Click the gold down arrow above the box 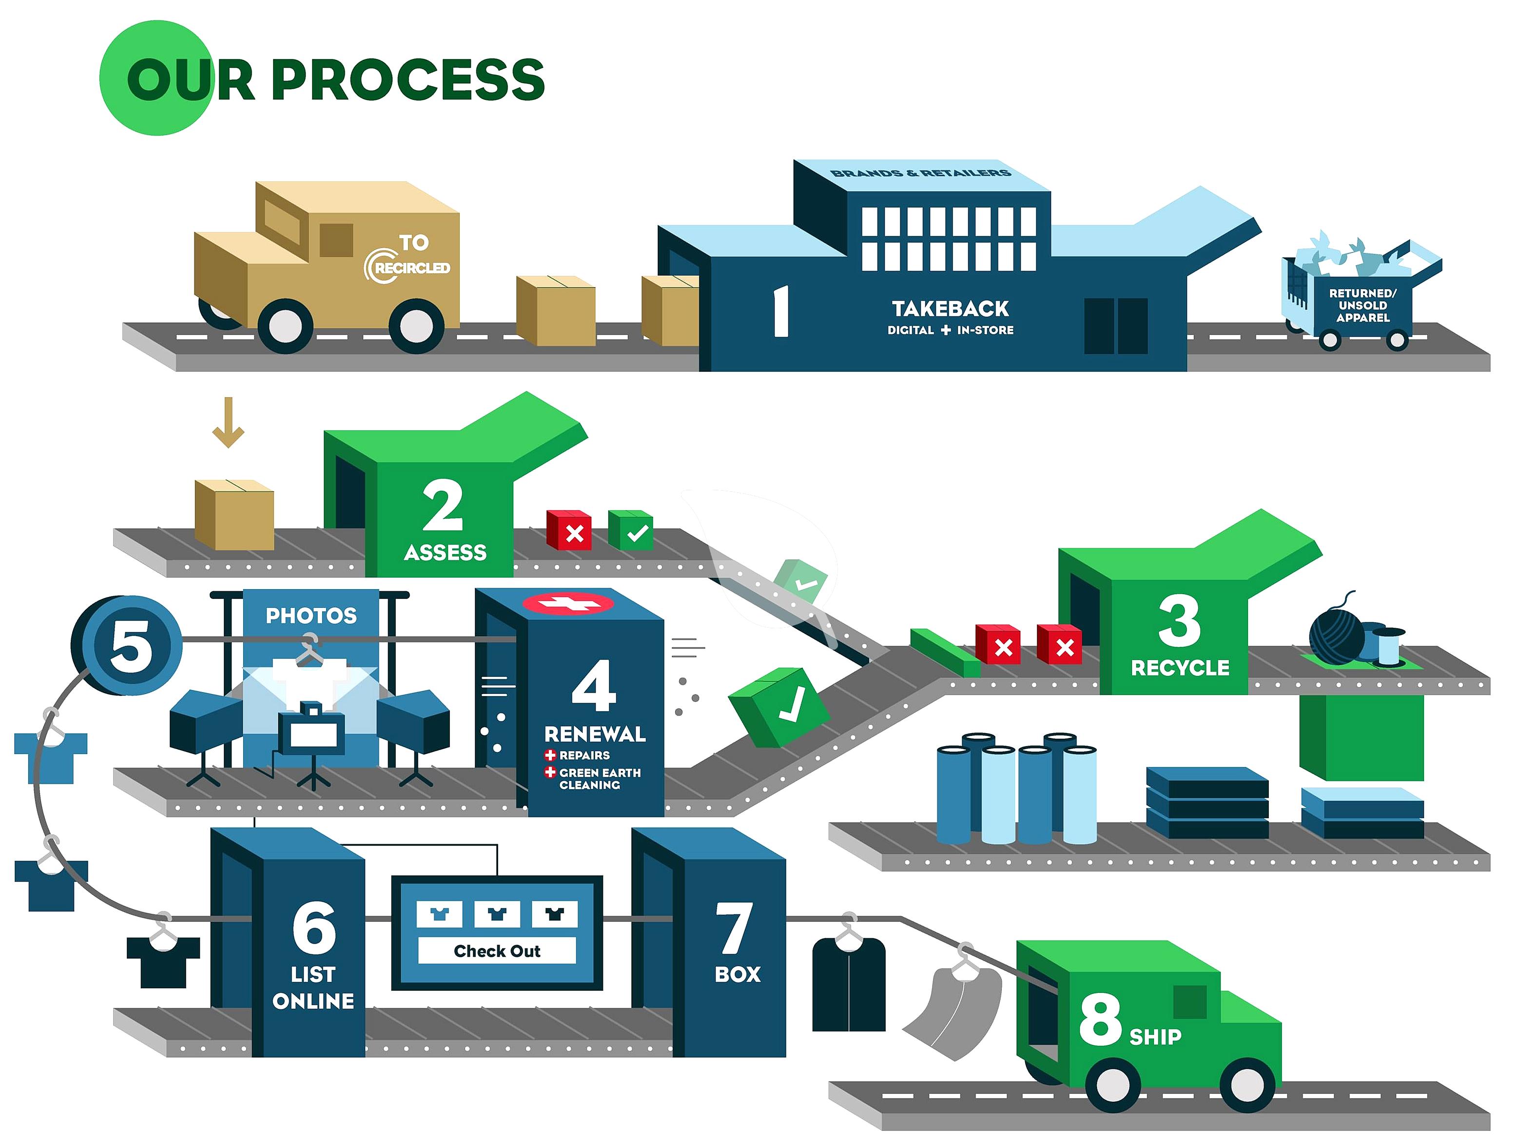tap(228, 422)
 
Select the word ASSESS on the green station tap(445, 552)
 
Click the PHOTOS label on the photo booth tap(311, 615)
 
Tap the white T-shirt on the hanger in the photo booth tap(311, 680)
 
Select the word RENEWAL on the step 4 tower tap(595, 734)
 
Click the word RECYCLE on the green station tap(1180, 667)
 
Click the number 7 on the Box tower tap(734, 927)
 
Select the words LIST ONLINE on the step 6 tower tap(313, 987)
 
